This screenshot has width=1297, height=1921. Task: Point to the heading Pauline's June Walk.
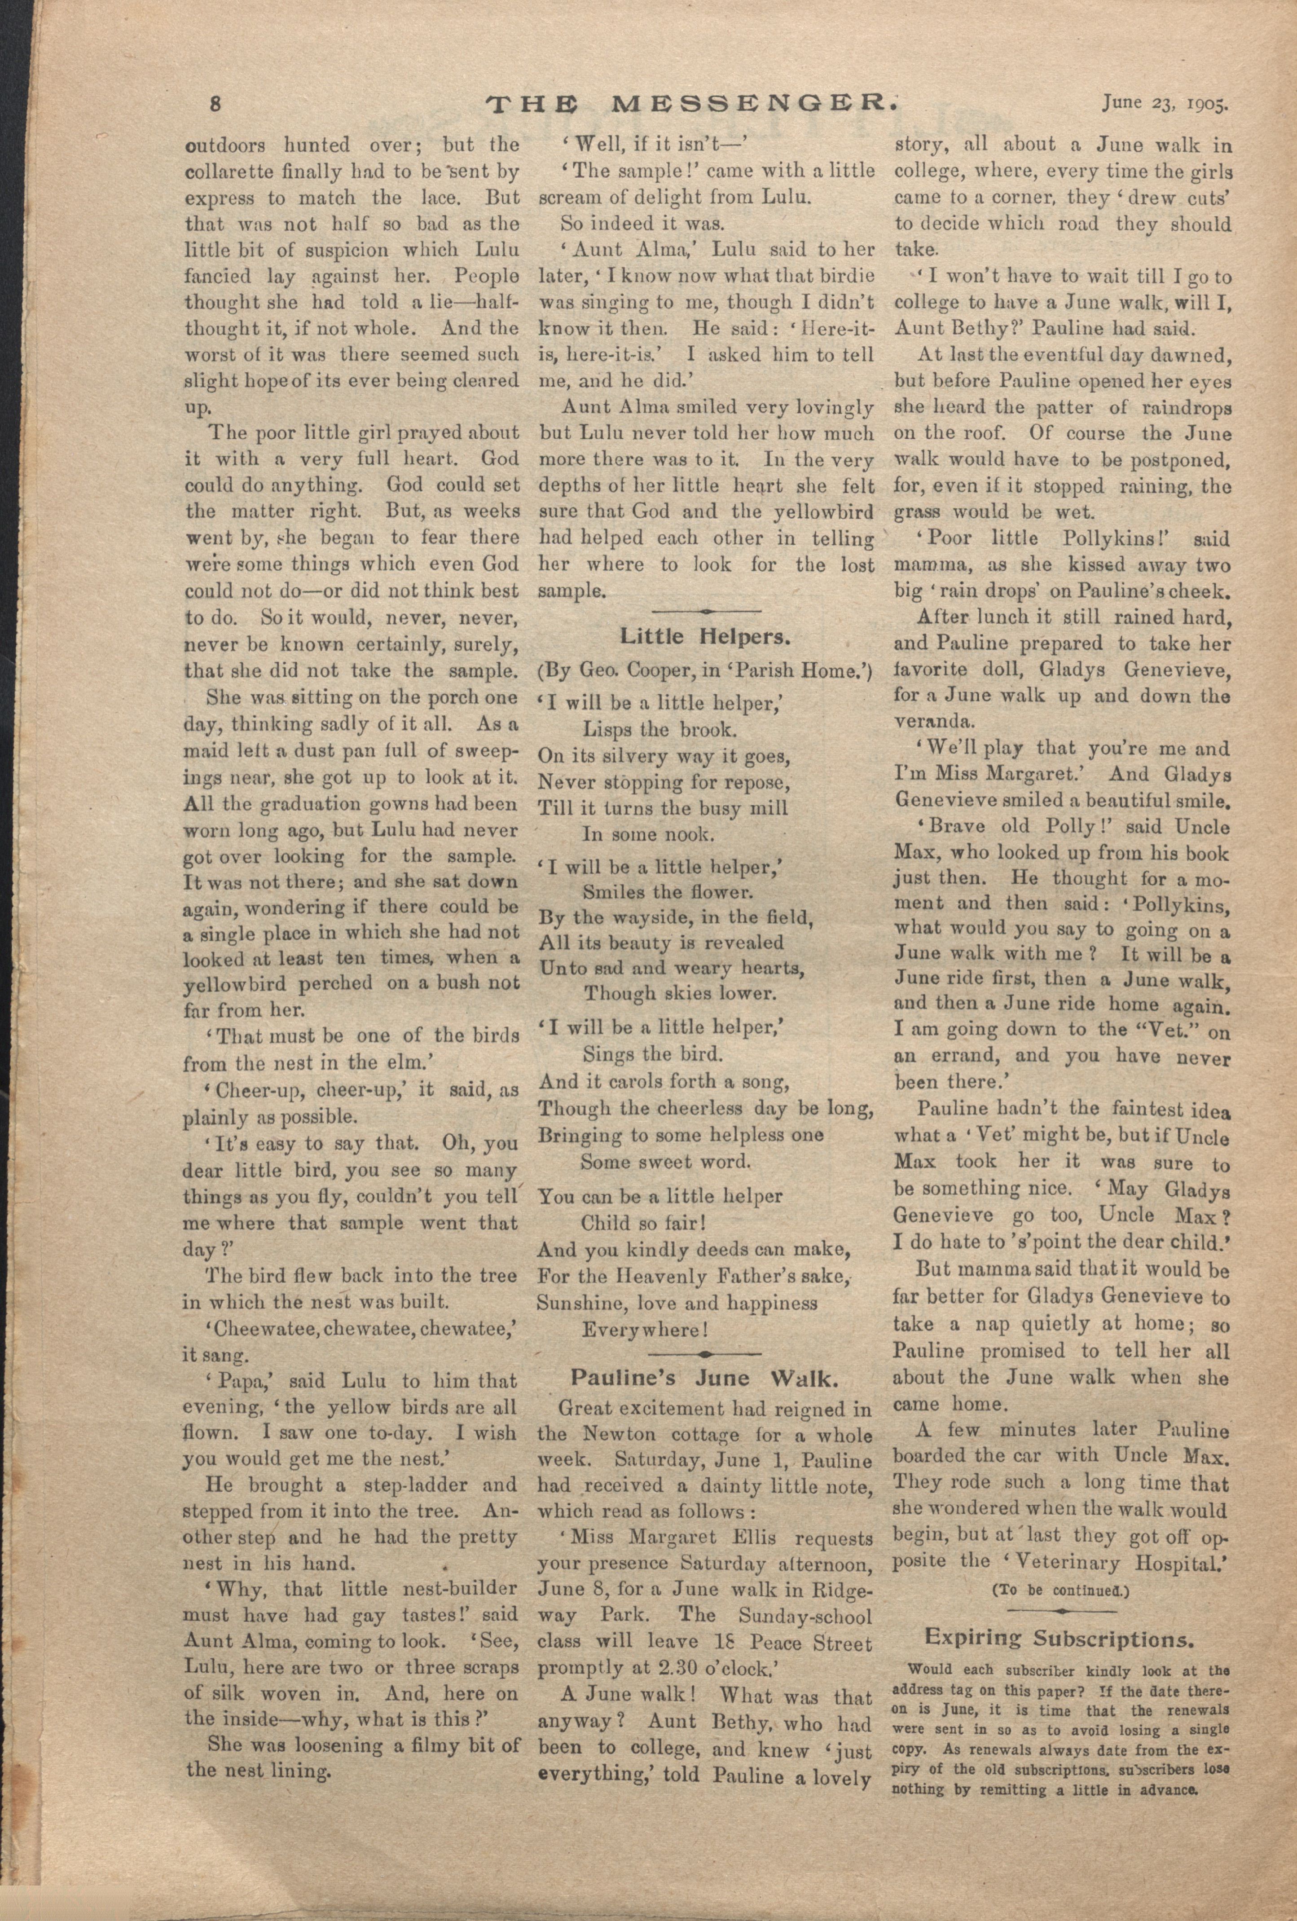pyautogui.click(x=704, y=1378)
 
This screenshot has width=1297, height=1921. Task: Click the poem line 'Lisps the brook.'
pyautogui.click(x=659, y=729)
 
